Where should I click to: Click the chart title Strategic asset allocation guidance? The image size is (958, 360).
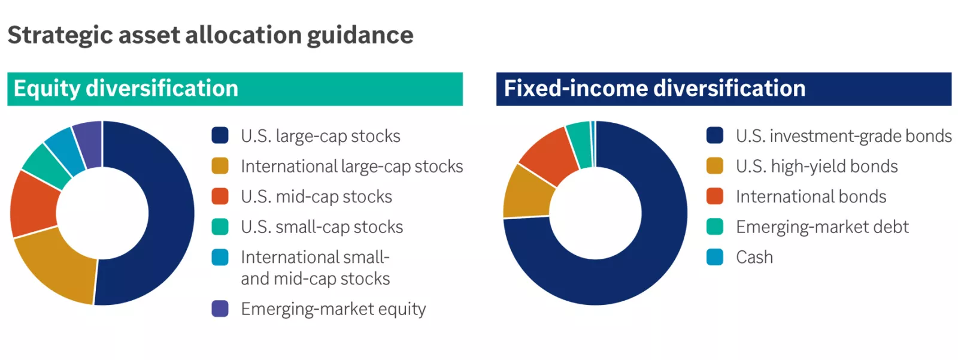(x=210, y=35)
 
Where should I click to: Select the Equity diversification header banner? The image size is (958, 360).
(x=235, y=89)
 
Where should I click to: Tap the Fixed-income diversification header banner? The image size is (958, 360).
(x=723, y=89)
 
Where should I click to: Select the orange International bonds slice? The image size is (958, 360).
(x=548, y=156)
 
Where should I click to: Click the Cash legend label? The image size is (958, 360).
(x=754, y=258)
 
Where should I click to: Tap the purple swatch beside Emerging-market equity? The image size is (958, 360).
(x=220, y=308)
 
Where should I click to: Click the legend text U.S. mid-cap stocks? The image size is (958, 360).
(x=316, y=196)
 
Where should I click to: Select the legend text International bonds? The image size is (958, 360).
(x=811, y=196)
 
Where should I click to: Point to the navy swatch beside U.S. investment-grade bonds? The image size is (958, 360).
(x=715, y=135)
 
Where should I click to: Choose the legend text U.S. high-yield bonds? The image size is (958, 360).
(x=817, y=166)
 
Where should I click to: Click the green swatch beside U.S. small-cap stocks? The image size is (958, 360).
(x=220, y=226)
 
